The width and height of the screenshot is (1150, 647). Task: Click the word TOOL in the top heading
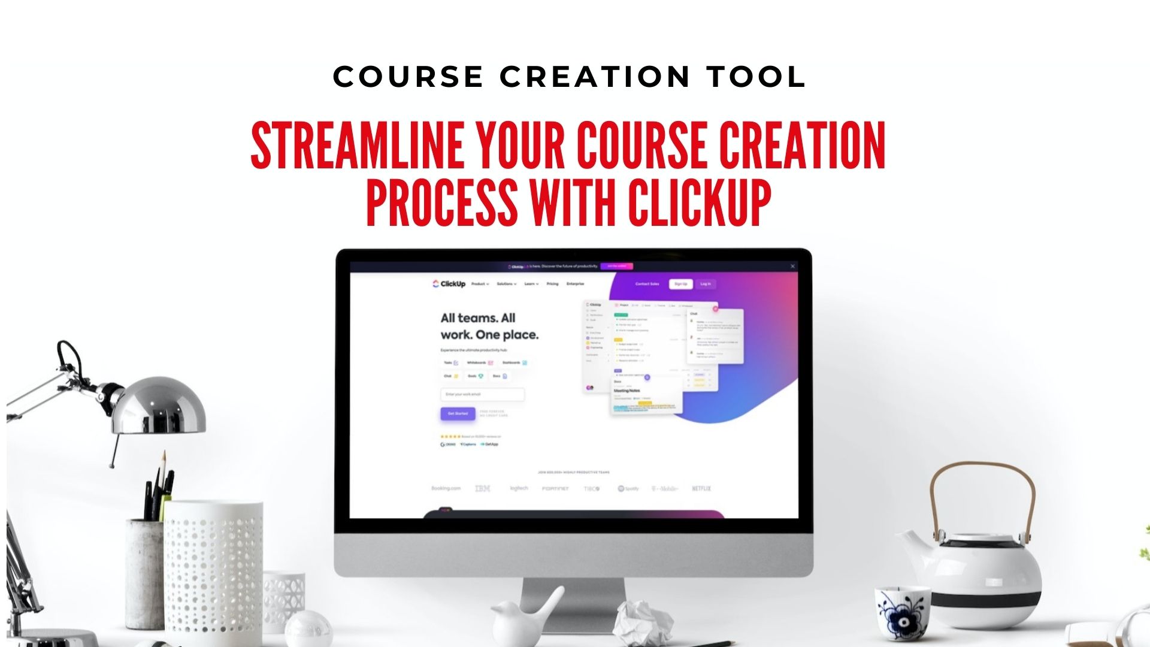point(756,77)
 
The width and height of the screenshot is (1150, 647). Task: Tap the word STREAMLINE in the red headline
point(356,146)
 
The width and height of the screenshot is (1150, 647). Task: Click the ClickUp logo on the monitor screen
point(449,284)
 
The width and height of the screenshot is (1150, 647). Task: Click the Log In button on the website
point(706,284)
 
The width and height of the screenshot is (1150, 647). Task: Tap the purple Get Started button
point(458,413)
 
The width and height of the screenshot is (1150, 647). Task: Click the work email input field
point(482,394)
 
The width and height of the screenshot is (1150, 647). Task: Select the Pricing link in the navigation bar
point(552,284)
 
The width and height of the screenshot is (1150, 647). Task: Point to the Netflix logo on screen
point(701,489)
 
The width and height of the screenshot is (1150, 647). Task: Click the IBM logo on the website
point(482,489)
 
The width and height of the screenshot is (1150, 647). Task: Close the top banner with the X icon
point(792,267)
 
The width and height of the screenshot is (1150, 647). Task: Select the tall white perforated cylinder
point(213,569)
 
